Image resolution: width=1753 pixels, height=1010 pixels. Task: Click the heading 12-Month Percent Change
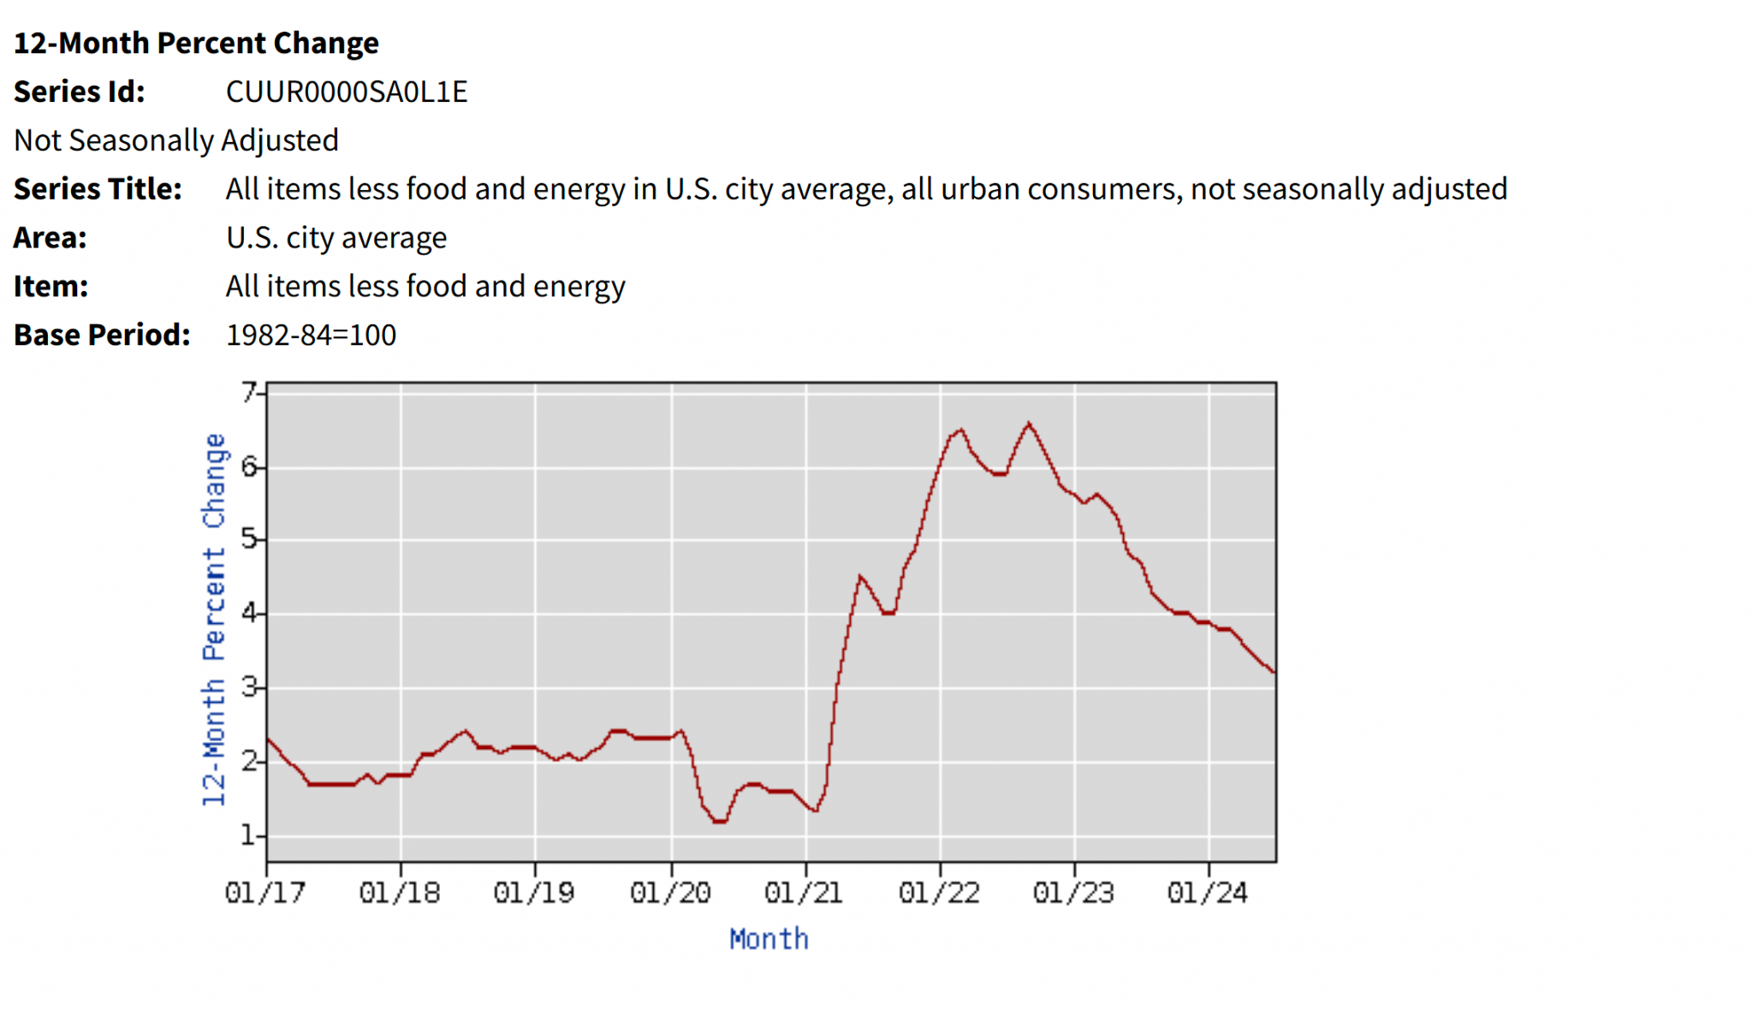pos(196,43)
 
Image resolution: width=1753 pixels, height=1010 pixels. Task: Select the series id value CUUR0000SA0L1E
pos(346,92)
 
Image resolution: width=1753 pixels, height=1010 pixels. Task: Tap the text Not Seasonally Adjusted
pos(176,140)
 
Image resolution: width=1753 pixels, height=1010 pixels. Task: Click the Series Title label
pos(98,189)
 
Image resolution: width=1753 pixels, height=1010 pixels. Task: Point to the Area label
pos(50,238)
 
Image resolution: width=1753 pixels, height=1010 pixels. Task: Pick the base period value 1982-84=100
pos(311,335)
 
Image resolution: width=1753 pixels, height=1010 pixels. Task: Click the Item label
pos(51,286)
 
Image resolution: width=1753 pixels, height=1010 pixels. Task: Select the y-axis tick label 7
pos(248,392)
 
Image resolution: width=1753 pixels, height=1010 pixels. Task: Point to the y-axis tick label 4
pos(248,613)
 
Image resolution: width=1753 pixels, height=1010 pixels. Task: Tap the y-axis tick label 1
pos(248,835)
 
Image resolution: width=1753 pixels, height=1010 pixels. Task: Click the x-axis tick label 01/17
pos(265,893)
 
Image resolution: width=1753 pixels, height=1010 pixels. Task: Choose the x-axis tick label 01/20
pos(670,893)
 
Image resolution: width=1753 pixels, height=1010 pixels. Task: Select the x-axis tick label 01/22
pos(939,893)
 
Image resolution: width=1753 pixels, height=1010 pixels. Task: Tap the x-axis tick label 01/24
pos(1208,893)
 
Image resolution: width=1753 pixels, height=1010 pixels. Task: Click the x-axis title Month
pos(769,939)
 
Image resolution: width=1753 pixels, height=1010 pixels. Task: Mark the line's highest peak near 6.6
pos(1029,424)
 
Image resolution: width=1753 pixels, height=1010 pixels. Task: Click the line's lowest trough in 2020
pos(719,821)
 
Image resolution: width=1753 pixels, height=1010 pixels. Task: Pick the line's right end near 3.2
pos(1274,672)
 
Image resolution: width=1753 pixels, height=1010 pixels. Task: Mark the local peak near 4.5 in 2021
pos(859,577)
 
